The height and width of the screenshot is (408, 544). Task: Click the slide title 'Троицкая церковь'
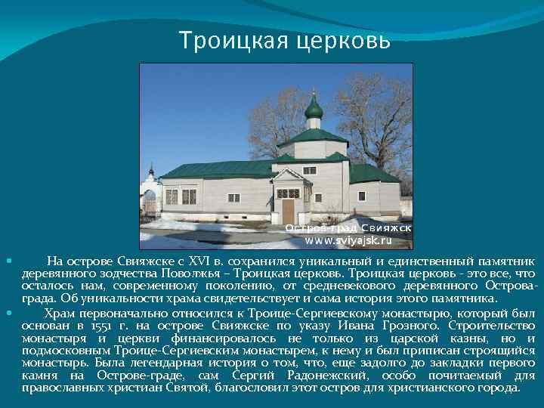pyautogui.click(x=285, y=38)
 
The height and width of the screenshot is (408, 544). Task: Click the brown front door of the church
pyautogui.click(x=288, y=212)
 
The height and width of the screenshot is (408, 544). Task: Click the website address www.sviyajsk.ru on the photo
pyautogui.click(x=348, y=240)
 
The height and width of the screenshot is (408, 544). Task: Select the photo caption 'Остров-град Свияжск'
pyautogui.click(x=348, y=227)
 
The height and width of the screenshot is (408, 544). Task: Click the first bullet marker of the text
pyautogui.click(x=8, y=261)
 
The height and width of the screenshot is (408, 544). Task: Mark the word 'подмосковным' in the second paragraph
pyautogui.click(x=67, y=351)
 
